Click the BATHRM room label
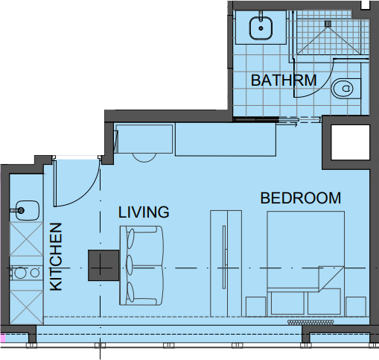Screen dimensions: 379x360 click(284, 80)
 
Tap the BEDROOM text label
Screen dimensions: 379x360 click(301, 198)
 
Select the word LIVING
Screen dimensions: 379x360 click(144, 212)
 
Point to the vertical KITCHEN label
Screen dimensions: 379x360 click(56, 256)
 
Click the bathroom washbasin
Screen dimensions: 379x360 click(261, 28)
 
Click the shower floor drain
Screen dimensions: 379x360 click(328, 24)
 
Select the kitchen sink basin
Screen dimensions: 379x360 click(28, 210)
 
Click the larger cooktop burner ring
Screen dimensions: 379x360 click(20, 273)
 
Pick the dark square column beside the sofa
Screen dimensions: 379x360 click(103, 265)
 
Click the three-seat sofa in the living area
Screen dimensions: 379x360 click(141, 265)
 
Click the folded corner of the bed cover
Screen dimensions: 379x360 click(331, 279)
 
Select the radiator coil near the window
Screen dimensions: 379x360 click(310, 322)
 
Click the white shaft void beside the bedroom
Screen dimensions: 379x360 click(350, 142)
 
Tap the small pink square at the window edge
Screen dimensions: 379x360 click(3, 338)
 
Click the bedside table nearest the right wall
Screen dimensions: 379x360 click(356, 306)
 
